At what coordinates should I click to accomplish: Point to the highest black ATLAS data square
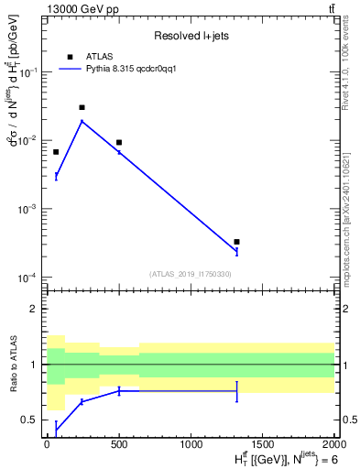click(82, 107)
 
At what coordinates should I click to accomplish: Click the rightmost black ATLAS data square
click(237, 242)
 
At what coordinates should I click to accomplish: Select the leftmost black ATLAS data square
click(56, 151)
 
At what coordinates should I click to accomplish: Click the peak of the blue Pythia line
click(82, 121)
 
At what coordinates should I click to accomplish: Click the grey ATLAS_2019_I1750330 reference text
click(191, 274)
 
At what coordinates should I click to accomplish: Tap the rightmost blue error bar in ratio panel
click(237, 391)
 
